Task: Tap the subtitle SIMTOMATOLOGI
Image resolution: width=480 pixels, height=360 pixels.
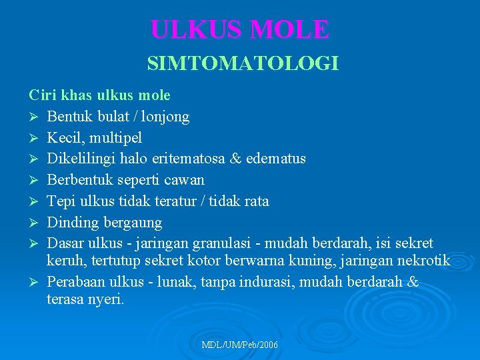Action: click(x=243, y=64)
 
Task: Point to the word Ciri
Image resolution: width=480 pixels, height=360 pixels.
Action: click(x=41, y=95)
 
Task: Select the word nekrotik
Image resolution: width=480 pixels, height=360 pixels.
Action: click(x=423, y=261)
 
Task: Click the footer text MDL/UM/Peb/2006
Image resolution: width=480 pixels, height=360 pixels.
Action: click(x=240, y=345)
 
